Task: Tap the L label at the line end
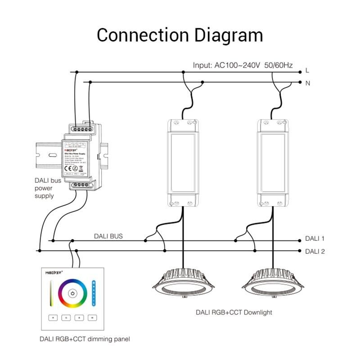tap(307, 71)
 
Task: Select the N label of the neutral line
tap(307, 83)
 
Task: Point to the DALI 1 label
tap(315, 238)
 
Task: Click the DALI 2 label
tap(315, 251)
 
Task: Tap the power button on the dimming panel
tap(72, 293)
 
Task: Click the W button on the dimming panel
tap(92, 318)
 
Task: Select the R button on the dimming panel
tap(53, 318)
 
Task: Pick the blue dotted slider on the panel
tap(94, 293)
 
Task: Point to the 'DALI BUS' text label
tap(108, 236)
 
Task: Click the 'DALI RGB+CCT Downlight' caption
tap(234, 312)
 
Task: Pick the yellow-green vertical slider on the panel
tap(52, 293)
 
